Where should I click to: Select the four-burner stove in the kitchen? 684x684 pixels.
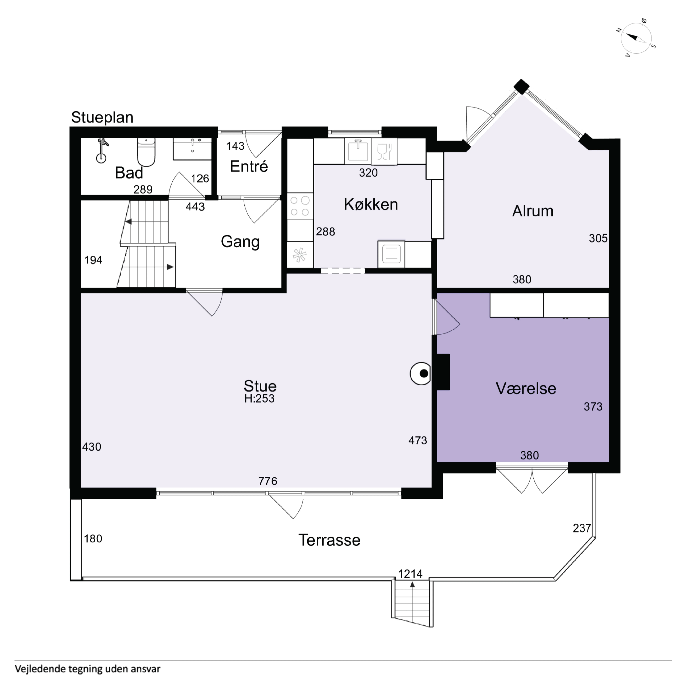[300, 206]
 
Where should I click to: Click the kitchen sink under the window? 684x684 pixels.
[358, 151]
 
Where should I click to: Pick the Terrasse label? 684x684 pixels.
[329, 540]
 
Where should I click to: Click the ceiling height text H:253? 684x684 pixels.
[259, 399]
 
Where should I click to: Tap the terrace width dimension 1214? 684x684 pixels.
[410, 574]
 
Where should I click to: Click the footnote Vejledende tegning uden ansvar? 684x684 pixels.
[87, 669]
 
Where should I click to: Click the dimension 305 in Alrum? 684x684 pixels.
[598, 238]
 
